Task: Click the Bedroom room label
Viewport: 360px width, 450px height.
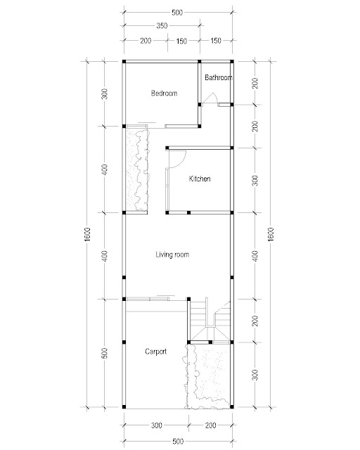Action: (164, 94)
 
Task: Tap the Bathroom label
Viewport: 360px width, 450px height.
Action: (219, 77)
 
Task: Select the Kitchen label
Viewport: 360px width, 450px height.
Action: (200, 179)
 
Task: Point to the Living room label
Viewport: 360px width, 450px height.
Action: (172, 255)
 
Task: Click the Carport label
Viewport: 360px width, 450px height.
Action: (156, 352)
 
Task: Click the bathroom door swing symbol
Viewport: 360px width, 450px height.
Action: (210, 98)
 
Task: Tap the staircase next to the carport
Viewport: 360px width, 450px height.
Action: (210, 321)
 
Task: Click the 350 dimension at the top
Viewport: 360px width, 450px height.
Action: (162, 26)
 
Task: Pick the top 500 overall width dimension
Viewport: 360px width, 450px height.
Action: (177, 13)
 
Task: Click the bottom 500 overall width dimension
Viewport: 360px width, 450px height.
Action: (178, 442)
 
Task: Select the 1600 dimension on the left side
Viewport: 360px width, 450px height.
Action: (88, 234)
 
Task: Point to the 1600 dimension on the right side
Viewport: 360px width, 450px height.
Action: (271, 234)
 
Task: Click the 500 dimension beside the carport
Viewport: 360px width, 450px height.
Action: (105, 353)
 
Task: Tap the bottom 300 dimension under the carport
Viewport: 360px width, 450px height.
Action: (157, 425)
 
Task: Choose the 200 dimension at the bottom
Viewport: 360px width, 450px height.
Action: (211, 425)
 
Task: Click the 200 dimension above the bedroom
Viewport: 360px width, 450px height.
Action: (146, 41)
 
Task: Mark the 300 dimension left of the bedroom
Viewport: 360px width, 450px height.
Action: (105, 94)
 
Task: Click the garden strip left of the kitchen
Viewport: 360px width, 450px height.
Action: (137, 170)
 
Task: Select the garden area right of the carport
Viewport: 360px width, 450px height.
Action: (208, 376)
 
